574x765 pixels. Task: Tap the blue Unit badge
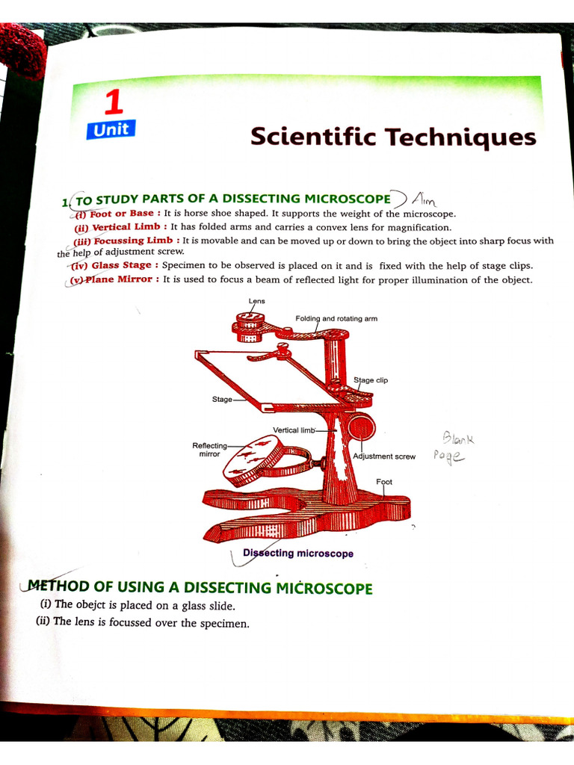tap(111, 129)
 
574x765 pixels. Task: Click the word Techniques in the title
tap(461, 137)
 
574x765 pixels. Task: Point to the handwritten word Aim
tap(425, 199)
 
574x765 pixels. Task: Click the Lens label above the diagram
tap(257, 301)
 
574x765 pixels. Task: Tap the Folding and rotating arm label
tap(336, 318)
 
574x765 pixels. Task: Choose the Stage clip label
tap(371, 380)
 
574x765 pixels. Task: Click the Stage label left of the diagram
tap(222, 399)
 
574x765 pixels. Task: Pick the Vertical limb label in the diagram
tap(294, 430)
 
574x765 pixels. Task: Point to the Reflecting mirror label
tap(209, 450)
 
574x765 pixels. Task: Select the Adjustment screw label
tap(384, 456)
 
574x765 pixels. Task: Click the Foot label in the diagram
tap(384, 482)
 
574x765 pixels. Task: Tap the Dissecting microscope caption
tap(298, 554)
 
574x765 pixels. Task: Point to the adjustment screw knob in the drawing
tap(362, 426)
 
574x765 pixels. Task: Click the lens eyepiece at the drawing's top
tap(250, 327)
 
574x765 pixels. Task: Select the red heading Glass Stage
tap(121, 265)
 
